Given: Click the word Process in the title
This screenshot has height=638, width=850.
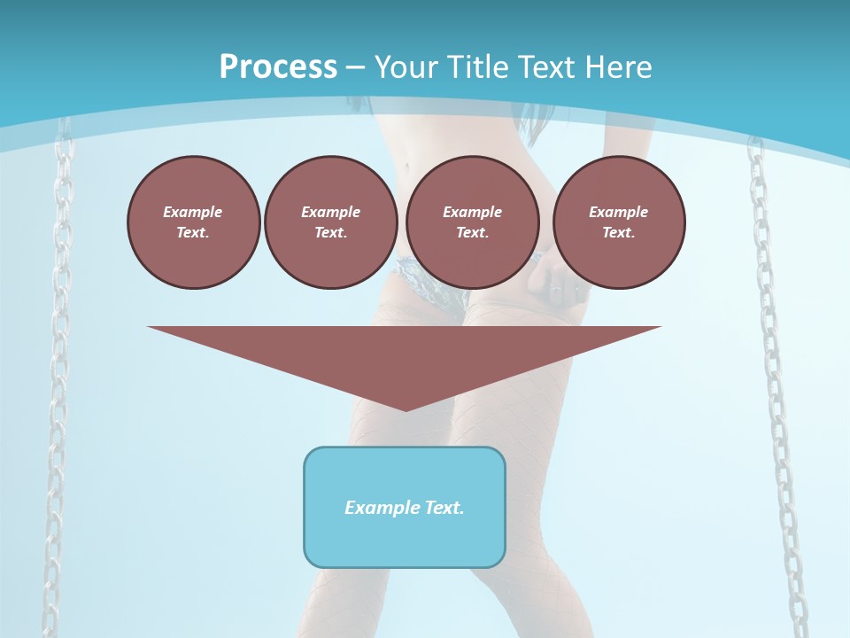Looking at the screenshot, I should tap(278, 67).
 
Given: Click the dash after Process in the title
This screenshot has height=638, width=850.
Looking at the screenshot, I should tap(355, 68).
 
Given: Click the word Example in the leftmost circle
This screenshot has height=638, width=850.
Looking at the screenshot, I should tap(193, 212).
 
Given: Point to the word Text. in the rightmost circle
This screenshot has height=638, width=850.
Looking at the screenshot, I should tap(619, 232).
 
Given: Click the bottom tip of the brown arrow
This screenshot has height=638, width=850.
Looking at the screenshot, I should tap(405, 408).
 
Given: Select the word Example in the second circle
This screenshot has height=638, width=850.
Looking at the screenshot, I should tap(330, 212).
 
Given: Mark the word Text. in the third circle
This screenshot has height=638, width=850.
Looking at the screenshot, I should tap(472, 232).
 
